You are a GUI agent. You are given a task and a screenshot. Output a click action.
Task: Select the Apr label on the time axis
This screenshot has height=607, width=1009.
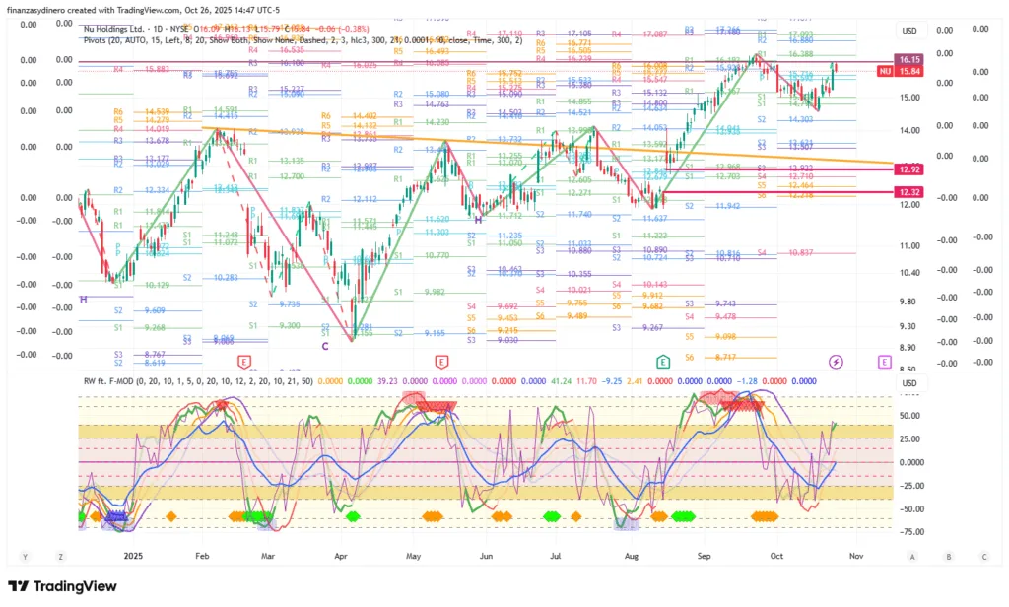click(341, 556)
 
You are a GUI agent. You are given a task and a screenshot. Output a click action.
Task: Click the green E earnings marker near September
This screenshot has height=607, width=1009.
click(664, 362)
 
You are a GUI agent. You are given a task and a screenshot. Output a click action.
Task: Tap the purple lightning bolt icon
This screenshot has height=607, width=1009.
click(837, 362)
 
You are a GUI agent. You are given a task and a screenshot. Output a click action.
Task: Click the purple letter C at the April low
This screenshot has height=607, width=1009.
click(324, 346)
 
